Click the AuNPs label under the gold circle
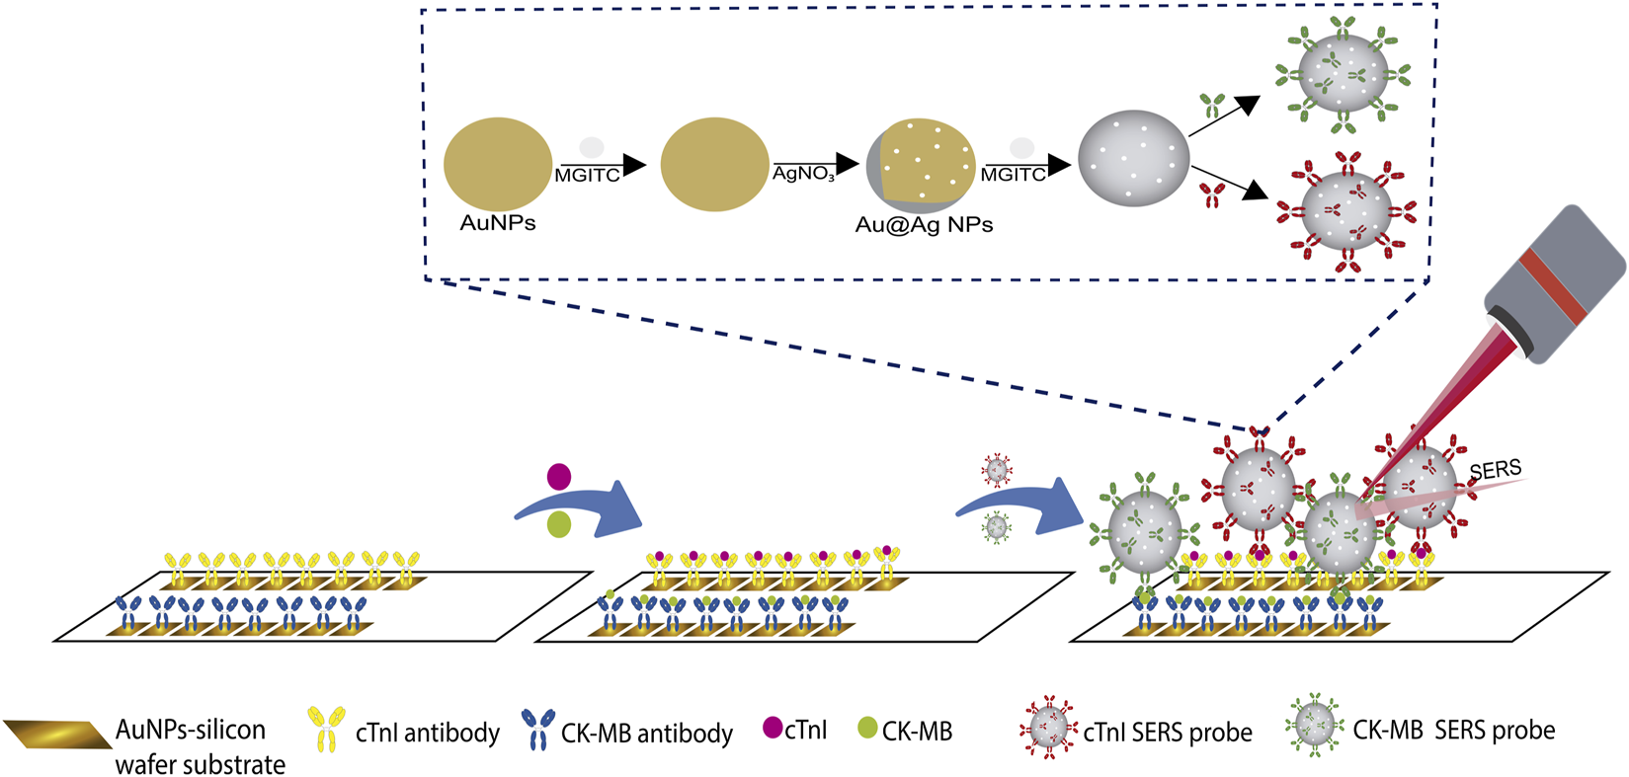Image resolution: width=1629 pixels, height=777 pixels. (x=498, y=223)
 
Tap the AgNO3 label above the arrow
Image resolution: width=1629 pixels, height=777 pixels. (x=803, y=175)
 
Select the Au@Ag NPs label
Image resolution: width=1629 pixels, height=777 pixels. (x=924, y=225)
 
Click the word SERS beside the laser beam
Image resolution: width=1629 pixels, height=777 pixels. (x=1496, y=470)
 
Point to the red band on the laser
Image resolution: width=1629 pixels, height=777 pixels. (x=1554, y=286)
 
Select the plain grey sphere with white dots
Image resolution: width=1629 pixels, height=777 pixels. (x=1133, y=159)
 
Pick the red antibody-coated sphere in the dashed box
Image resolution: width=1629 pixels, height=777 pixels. (x=1346, y=213)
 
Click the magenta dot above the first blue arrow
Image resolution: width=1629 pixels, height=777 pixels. (x=558, y=477)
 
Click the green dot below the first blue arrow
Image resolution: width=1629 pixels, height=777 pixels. (x=558, y=524)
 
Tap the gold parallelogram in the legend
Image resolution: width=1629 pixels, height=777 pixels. (x=57, y=735)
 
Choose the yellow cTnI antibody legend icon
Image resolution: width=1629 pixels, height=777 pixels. (x=326, y=730)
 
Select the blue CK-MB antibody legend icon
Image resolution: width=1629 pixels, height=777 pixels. (x=537, y=730)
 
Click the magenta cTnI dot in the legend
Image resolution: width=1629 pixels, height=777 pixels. (x=773, y=729)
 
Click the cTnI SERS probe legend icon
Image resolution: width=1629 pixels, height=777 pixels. (x=1048, y=730)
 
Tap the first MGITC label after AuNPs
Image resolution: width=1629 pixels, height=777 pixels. (x=587, y=176)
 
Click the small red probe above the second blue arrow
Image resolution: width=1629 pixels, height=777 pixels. (x=997, y=470)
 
